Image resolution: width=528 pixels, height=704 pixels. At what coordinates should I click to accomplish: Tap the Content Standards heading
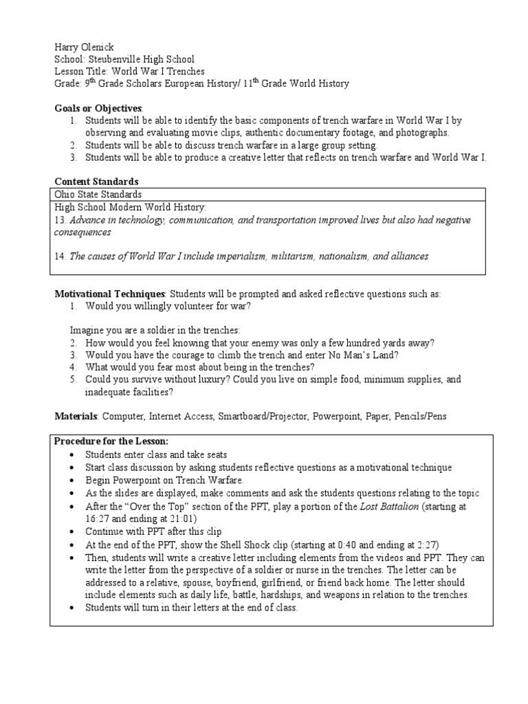pyautogui.click(x=96, y=181)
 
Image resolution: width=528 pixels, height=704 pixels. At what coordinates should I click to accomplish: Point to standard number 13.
pyautogui.click(x=59, y=219)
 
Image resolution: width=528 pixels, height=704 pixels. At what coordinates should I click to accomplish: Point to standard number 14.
pyautogui.click(x=59, y=256)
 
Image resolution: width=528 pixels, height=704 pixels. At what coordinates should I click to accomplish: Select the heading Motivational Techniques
pyautogui.click(x=110, y=294)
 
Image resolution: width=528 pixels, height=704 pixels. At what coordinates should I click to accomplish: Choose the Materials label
pyautogui.click(x=77, y=417)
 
